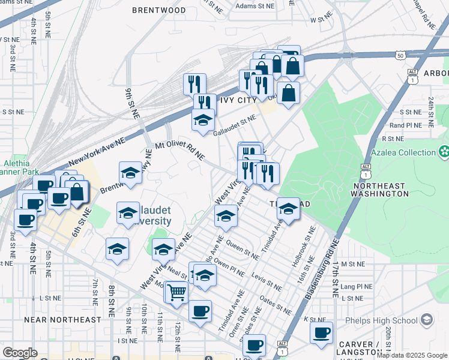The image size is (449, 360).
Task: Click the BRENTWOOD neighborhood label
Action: (x=158, y=10)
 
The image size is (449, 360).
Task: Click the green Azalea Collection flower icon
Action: (x=444, y=152)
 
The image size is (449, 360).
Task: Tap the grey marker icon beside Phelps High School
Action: (x=427, y=319)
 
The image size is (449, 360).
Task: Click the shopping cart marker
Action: (x=177, y=293)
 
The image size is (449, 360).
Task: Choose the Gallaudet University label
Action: (x=150, y=215)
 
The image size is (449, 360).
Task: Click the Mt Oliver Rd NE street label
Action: (x=179, y=151)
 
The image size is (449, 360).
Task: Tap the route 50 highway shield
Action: (x=400, y=55)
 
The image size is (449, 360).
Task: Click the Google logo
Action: (x=20, y=353)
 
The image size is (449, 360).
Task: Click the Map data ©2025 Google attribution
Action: (x=412, y=355)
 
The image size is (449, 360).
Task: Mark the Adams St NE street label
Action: (x=254, y=6)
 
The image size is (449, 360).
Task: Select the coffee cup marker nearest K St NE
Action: (x=321, y=332)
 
